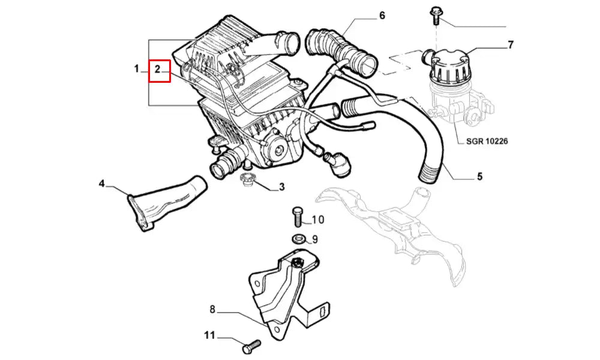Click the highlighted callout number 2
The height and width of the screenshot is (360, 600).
(157, 70)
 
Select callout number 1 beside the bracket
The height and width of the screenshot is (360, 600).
(137, 69)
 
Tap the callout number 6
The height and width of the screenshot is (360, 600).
(382, 16)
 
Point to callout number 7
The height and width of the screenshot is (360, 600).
(510, 45)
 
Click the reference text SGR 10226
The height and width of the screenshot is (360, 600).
(487, 141)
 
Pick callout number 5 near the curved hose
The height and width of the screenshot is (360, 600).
(479, 176)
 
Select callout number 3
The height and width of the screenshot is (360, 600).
(281, 187)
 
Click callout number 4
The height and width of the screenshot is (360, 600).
(101, 184)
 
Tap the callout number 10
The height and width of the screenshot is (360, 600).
(317, 220)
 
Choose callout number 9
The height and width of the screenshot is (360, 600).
(314, 239)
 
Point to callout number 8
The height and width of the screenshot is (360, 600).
(213, 309)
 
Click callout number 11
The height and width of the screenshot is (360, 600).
(209, 335)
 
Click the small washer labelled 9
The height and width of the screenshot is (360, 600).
(298, 239)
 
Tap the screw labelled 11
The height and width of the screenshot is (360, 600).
(251, 347)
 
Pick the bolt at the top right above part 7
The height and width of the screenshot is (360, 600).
(436, 16)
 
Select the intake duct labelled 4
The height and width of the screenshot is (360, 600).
(167, 203)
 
